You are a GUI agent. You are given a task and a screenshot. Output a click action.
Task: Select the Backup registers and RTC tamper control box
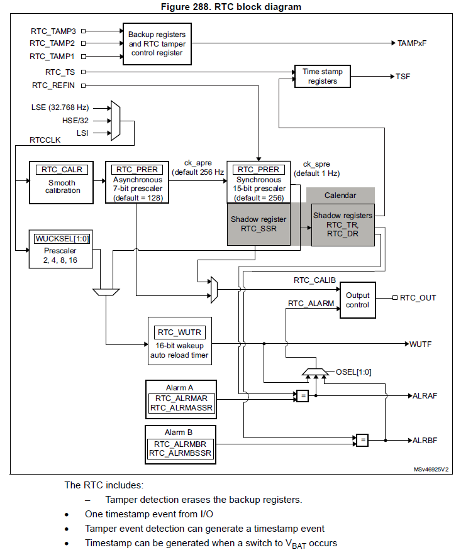coord(157,43)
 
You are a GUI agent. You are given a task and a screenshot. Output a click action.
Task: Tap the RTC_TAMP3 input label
coord(53,30)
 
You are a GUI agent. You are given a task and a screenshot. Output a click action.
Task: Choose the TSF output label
coord(403,77)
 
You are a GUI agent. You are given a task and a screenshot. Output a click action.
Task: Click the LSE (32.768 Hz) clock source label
coord(60,107)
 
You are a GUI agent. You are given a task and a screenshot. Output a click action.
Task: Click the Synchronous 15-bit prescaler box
coord(259,182)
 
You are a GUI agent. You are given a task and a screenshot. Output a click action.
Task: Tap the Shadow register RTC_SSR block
coord(259,224)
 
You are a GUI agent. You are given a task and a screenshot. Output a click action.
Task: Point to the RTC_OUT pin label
coord(418,298)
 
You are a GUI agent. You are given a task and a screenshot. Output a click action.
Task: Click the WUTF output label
coord(421,344)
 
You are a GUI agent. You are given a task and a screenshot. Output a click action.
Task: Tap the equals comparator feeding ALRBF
coord(362,439)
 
